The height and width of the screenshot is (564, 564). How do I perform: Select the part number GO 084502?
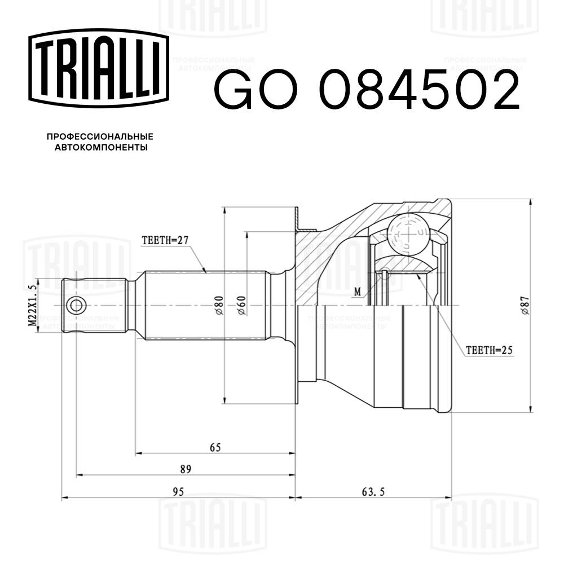point(365,91)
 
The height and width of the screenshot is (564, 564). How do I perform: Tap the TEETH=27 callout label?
point(164,240)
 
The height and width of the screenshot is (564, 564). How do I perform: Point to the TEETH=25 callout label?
point(488,350)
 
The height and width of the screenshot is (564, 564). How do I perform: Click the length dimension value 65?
point(215,447)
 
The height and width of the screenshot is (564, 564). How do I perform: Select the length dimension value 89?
point(186,469)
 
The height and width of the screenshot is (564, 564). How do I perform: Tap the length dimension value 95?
point(179,492)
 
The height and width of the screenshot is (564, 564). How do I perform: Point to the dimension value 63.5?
point(373,492)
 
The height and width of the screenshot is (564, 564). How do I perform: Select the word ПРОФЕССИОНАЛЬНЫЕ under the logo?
point(100,137)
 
